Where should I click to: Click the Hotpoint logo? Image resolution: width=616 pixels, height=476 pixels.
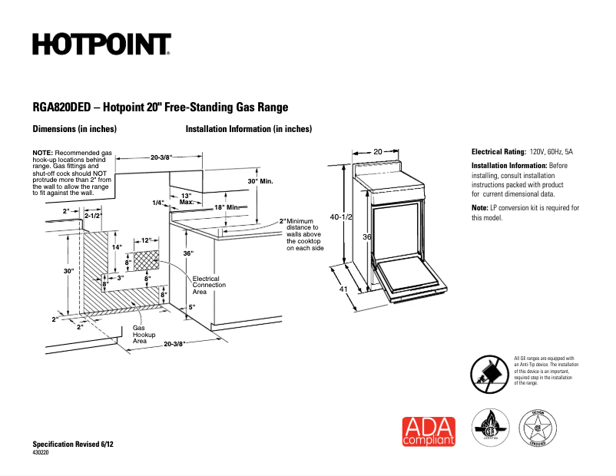coord(101,44)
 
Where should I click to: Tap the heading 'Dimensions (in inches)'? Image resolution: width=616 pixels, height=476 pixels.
coord(74,129)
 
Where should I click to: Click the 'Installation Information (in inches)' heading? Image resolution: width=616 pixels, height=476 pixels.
coord(248,129)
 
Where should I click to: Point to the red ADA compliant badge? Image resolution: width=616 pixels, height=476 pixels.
coord(429,431)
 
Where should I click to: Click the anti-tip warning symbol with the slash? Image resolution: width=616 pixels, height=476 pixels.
coord(489,373)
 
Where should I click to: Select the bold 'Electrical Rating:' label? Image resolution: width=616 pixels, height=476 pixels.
coord(498,152)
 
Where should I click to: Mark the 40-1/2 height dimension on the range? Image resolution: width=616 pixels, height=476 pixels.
coord(340,217)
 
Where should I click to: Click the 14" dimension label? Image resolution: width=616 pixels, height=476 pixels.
coord(117,247)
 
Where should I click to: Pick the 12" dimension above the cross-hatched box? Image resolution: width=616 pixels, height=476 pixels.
coord(146,240)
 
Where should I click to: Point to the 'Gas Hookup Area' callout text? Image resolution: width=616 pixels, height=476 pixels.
coord(144,334)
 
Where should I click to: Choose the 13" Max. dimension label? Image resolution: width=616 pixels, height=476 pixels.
coord(186,199)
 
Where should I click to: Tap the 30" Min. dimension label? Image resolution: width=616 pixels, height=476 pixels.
coord(260,181)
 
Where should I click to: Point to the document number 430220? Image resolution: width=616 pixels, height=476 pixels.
coord(41,453)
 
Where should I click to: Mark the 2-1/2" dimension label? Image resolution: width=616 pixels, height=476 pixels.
coord(92,217)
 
